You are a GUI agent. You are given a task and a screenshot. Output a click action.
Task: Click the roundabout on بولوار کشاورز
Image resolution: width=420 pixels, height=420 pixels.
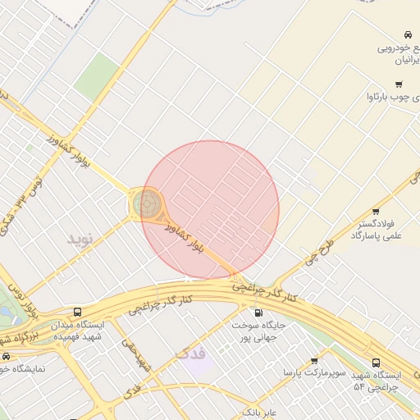(x=148, y=203)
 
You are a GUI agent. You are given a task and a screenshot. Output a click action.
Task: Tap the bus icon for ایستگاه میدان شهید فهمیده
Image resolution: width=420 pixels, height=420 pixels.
(x=77, y=313)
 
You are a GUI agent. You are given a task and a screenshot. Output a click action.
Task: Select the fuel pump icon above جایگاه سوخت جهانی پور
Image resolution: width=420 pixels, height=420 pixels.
(x=259, y=313)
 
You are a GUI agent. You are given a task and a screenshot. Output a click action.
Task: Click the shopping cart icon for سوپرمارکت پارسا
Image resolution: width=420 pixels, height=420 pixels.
(x=314, y=360)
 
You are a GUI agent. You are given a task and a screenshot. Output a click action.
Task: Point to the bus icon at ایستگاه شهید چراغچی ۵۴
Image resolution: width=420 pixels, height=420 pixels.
(x=376, y=363)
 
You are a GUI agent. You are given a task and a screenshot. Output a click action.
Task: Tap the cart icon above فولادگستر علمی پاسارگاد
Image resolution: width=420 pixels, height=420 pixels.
(x=376, y=212)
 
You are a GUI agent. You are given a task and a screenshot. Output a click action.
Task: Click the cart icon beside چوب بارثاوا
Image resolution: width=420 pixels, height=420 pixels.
(x=399, y=84)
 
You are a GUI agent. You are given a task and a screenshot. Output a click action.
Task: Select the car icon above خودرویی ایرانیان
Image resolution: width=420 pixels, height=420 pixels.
(x=407, y=34)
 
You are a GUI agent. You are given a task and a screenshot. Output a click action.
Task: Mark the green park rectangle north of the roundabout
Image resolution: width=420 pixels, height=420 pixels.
(x=98, y=77)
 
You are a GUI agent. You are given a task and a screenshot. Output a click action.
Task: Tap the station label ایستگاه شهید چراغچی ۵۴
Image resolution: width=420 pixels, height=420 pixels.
(x=375, y=381)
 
